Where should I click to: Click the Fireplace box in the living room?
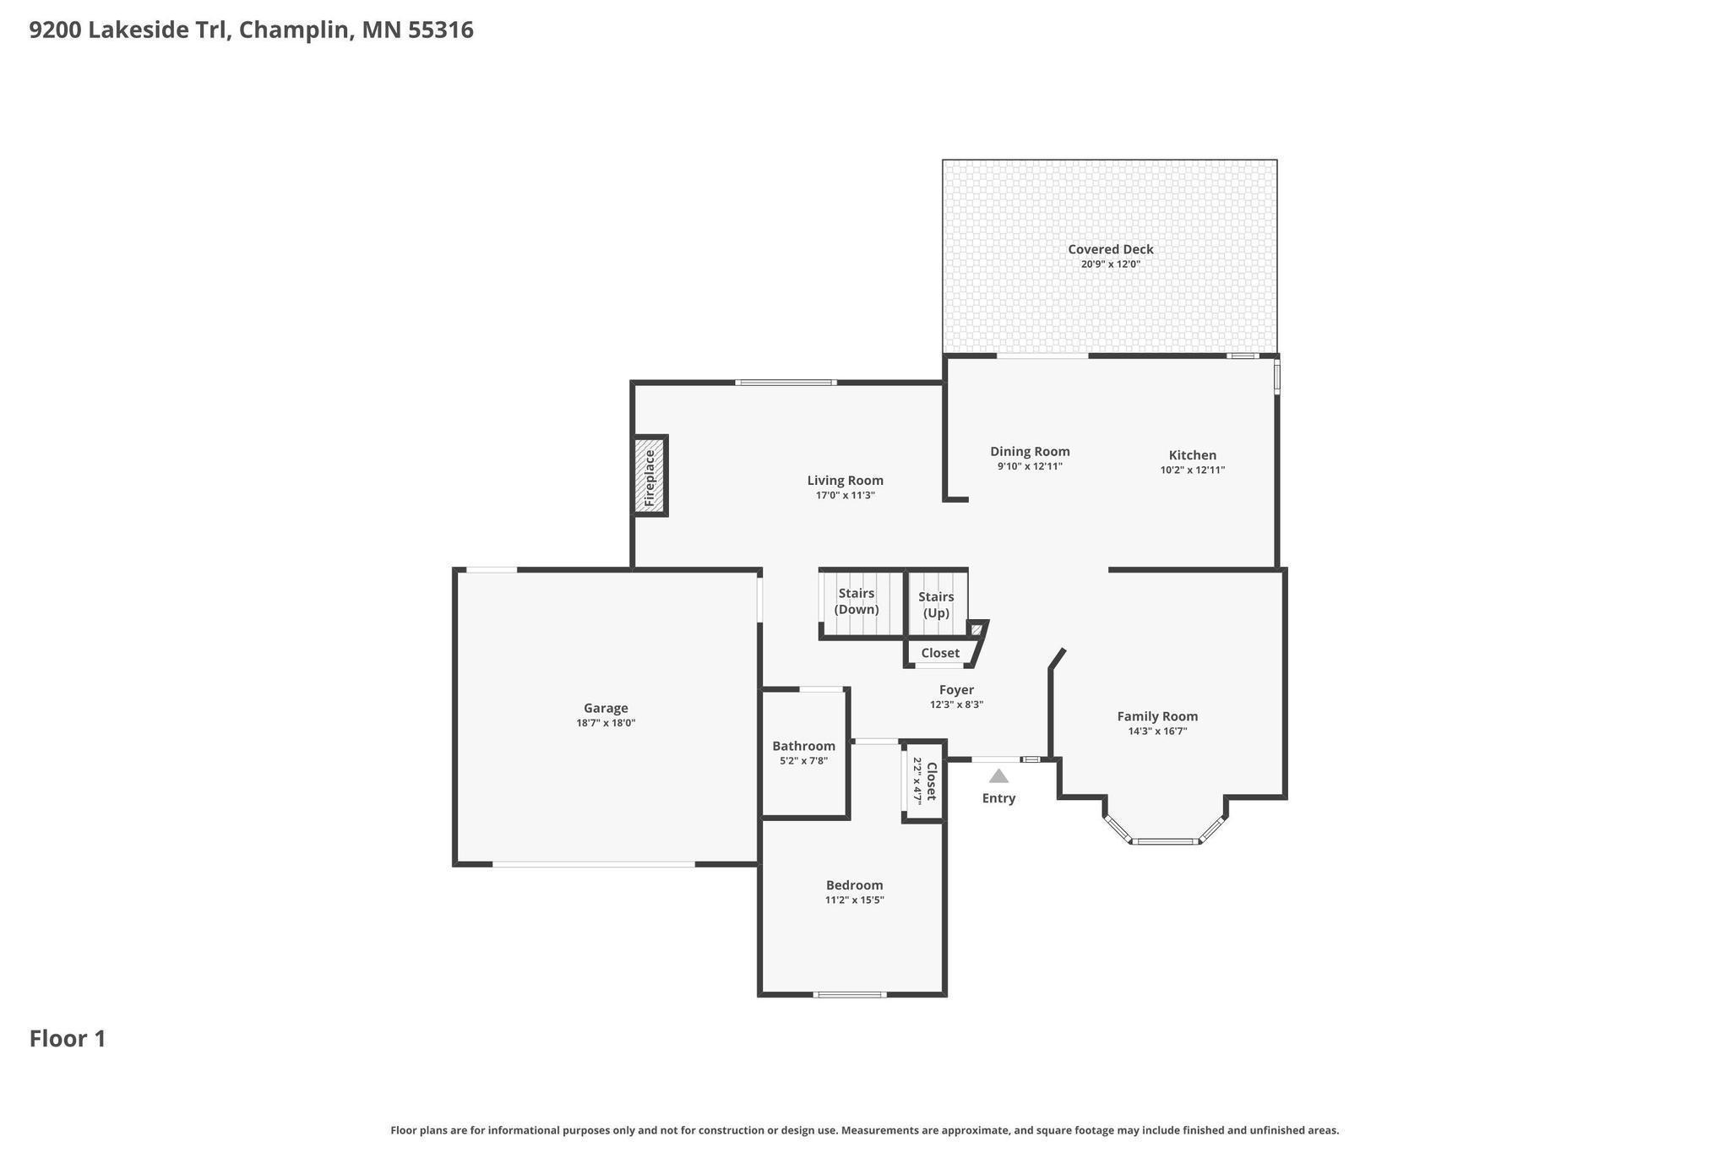[650, 476]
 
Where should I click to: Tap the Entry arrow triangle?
[998, 775]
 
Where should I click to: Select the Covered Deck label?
[1110, 249]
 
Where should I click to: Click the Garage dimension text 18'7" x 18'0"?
[606, 723]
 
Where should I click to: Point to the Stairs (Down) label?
[857, 601]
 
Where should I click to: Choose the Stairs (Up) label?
[936, 605]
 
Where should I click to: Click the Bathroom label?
[803, 746]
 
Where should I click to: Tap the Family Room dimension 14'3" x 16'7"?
[1157, 732]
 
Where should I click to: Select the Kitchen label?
[1192, 455]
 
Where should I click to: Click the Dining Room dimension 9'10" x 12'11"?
[1030, 466]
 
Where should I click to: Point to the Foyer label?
[956, 690]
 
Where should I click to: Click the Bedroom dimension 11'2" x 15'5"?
[854, 900]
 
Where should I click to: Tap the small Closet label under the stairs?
[940, 653]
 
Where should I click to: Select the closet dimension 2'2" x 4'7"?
[917, 781]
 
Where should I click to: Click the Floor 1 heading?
[68, 1039]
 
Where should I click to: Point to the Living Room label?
[845, 481]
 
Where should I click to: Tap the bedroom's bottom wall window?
[850, 994]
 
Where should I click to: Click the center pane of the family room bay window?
[1165, 841]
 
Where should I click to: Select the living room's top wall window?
[786, 383]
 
